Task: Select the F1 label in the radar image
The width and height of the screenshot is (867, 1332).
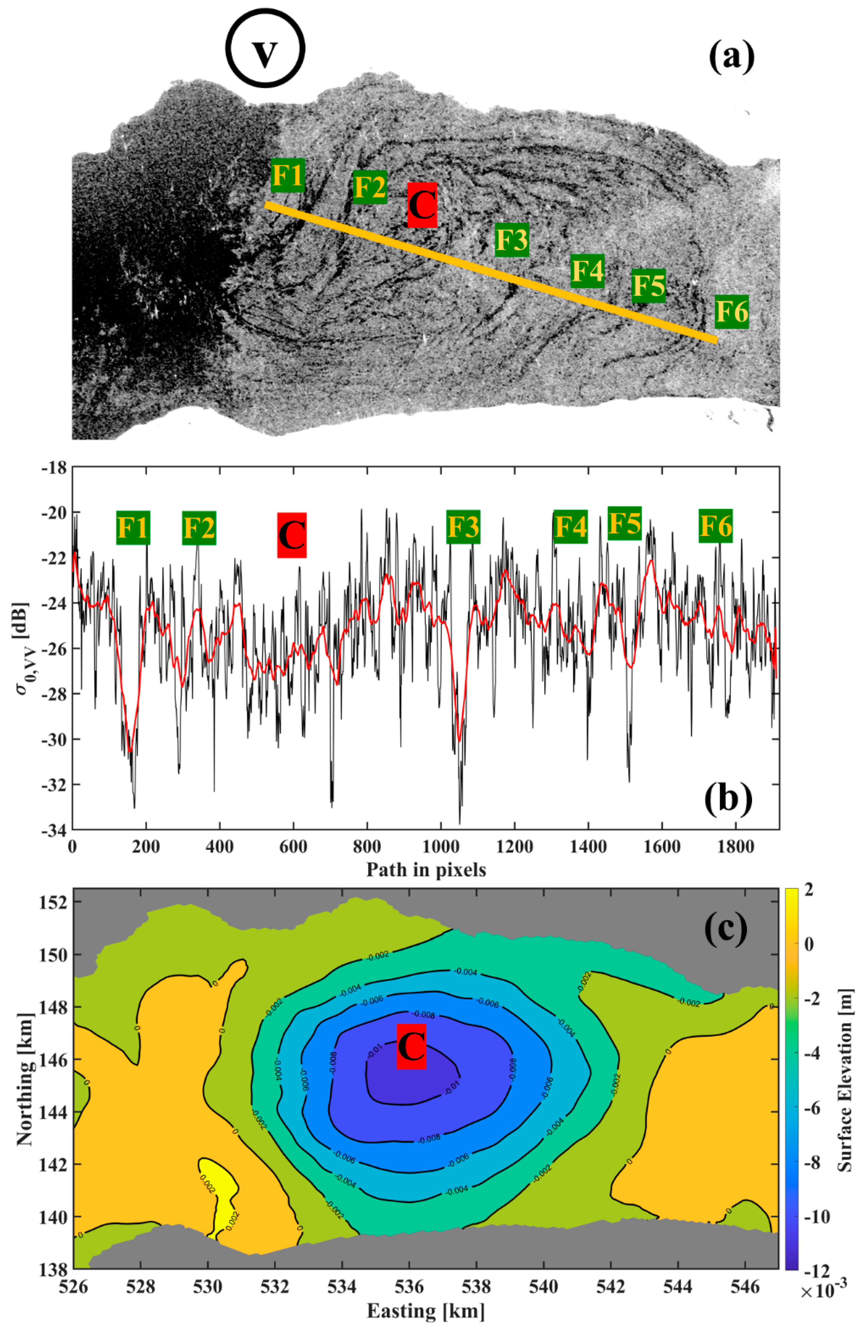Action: point(288,175)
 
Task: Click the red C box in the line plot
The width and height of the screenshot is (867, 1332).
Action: point(291,535)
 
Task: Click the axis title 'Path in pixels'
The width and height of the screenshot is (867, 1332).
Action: point(426,869)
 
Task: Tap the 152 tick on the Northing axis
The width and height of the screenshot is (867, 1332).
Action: point(54,903)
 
